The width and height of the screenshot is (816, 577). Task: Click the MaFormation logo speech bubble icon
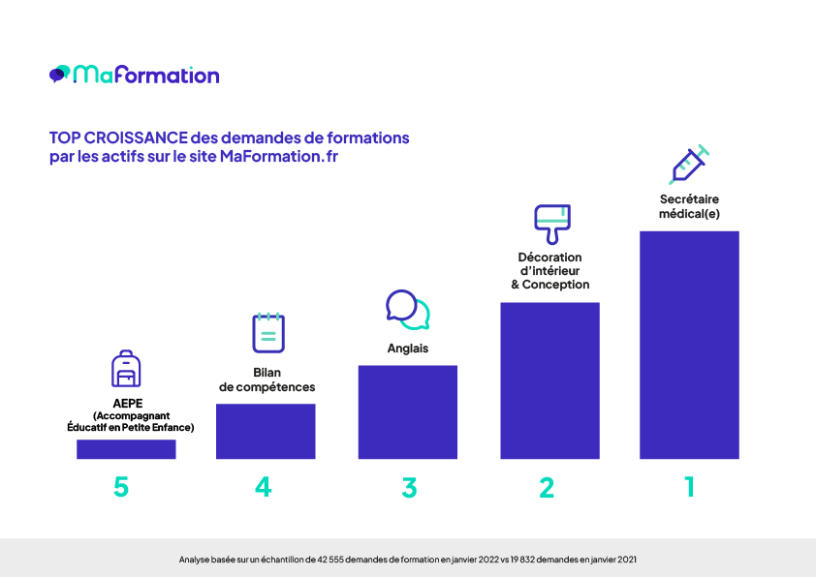[x=59, y=74]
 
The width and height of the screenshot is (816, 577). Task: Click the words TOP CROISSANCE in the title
[x=118, y=137]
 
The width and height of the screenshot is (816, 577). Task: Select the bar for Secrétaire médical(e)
[x=689, y=345]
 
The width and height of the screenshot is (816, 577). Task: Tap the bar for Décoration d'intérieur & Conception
[x=549, y=380]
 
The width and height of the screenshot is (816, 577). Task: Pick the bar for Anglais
[x=407, y=411]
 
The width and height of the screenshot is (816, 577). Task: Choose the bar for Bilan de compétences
[x=266, y=431]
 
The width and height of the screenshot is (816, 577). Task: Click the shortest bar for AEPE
[x=126, y=449]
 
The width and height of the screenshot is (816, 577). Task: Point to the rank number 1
[x=690, y=487]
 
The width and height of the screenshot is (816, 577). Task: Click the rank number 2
[x=547, y=488]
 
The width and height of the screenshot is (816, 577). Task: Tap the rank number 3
[x=409, y=488]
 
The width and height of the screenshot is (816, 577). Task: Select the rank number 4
[x=264, y=487]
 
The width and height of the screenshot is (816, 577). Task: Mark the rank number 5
[x=121, y=487]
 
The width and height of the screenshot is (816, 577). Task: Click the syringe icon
[x=689, y=165]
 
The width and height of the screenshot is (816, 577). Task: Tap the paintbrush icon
[x=552, y=224]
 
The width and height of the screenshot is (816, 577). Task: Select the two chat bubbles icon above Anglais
[x=407, y=310]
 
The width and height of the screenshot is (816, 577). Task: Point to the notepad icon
[x=268, y=332]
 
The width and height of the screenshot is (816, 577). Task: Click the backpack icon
[x=126, y=369]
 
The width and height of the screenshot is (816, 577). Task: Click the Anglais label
[x=407, y=349]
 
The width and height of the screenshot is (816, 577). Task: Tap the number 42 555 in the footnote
[x=330, y=560]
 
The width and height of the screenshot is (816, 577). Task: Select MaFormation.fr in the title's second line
[x=279, y=156]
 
